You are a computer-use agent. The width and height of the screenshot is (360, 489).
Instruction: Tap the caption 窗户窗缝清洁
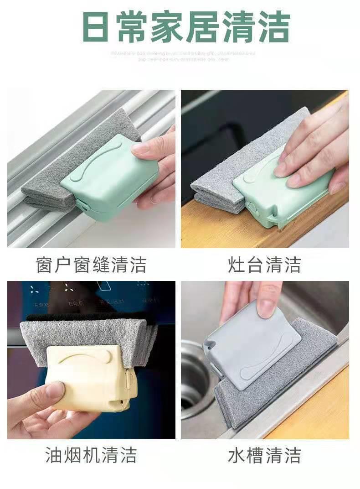pyautogui.click(x=91, y=265)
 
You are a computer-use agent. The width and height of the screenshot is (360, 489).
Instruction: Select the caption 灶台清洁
pyautogui.click(x=265, y=265)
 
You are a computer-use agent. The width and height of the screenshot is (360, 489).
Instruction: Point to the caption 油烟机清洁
pyautogui.click(x=91, y=455)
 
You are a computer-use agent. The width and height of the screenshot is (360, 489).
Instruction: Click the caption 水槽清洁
pyautogui.click(x=265, y=455)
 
